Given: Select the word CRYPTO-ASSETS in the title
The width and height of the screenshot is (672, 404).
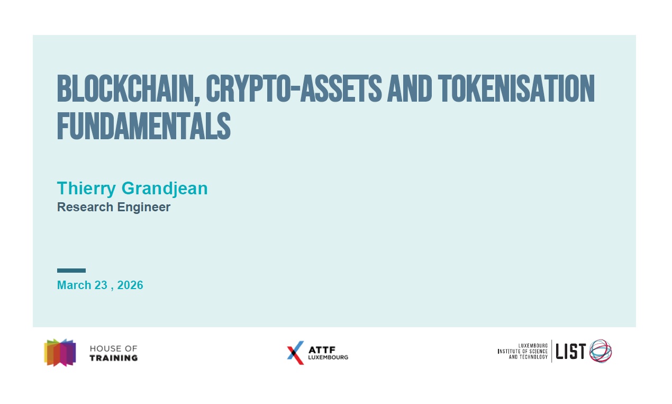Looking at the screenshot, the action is pos(294,88).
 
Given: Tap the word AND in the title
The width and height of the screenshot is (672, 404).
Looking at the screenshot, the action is pos(410,88).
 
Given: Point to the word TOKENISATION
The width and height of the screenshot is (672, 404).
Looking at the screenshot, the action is pos(516,88).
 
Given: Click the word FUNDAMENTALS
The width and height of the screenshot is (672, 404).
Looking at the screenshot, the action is pos(144,126).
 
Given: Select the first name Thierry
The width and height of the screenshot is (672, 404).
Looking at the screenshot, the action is pos(86,189).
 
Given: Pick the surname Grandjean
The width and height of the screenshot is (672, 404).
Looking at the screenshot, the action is pos(165,189).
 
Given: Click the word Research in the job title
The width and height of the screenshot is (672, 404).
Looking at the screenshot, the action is pos(85,207).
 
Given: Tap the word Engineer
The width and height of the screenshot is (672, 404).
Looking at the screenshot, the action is pos(144,208).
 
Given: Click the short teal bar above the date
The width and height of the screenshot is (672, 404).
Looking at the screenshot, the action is pos(71,271).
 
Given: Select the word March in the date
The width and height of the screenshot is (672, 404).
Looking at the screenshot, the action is pos(74,285).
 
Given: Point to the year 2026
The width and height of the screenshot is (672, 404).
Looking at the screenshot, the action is pos(130,285).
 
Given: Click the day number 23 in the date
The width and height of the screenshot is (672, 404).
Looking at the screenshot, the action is pos(101,285).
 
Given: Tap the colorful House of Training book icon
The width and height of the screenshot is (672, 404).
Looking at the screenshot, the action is pos(60,353).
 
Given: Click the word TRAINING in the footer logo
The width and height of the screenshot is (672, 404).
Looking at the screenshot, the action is pos(114,358).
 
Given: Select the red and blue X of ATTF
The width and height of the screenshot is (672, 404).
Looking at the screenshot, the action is pos(295,353).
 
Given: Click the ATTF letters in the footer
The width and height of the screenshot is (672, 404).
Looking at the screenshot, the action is pos(322,350).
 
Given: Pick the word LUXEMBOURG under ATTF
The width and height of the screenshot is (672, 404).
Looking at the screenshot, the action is pos(328,357).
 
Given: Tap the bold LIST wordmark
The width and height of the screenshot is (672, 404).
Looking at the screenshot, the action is pos(570,352).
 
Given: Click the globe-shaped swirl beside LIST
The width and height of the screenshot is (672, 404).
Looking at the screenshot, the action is pos(601,351).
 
